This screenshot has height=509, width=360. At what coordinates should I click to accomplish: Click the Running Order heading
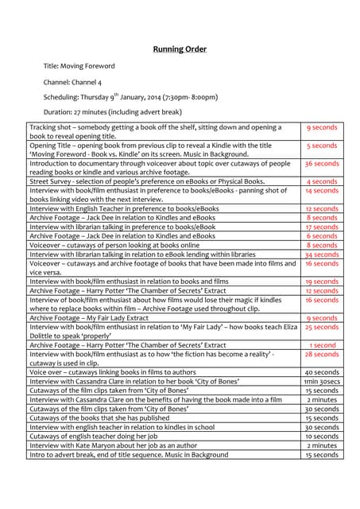180,49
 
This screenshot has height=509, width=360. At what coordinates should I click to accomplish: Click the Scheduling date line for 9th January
130,97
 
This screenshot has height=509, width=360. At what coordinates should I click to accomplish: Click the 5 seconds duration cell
322,146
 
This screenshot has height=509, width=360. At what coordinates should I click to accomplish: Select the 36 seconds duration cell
322,164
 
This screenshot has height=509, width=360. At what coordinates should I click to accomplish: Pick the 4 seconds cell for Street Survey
322,181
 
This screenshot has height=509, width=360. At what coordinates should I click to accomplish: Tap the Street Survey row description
147,181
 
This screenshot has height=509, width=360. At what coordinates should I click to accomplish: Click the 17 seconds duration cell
322,227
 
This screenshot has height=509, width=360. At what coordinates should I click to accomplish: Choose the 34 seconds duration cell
322,254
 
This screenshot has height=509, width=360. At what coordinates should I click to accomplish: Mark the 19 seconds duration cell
322,282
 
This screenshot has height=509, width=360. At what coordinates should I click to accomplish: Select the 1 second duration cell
322,345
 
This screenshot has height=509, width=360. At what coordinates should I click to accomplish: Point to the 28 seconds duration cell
322,355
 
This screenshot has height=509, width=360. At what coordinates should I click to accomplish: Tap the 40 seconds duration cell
322,372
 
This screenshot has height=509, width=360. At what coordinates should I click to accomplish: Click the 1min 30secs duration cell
322,382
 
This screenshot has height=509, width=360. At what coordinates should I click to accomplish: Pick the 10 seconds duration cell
322,437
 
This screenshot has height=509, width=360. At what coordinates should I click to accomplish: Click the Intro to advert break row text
128,455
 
